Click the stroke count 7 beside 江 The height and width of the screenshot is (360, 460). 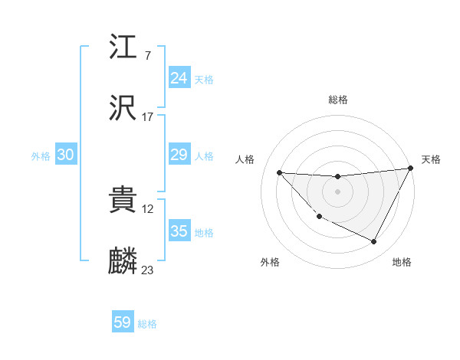pyautogui.click(x=147, y=56)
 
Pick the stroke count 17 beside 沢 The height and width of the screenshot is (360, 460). pyautogui.click(x=148, y=117)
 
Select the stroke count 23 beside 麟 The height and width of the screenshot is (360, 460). pyautogui.click(x=148, y=270)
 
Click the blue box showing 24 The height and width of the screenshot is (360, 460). pyautogui.click(x=179, y=78)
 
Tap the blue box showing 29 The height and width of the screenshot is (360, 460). pyautogui.click(x=179, y=155)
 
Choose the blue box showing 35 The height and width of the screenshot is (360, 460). pyautogui.click(x=179, y=231)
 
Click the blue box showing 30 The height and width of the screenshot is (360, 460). pyautogui.click(x=66, y=155)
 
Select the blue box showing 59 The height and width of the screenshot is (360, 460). pyautogui.click(x=123, y=322)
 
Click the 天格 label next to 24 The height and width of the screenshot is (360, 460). pyautogui.click(x=204, y=79)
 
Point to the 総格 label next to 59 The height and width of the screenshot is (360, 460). pyautogui.click(x=147, y=324)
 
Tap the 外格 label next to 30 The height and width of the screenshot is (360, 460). pyautogui.click(x=41, y=156)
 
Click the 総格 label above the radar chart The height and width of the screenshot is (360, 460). pyautogui.click(x=337, y=100)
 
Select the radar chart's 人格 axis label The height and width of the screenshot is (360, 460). pyautogui.click(x=245, y=159)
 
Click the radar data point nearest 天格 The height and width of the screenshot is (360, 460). pyautogui.click(x=410, y=169)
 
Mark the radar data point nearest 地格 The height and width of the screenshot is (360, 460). pyautogui.click(x=374, y=242)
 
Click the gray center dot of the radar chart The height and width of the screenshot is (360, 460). pyautogui.click(x=337, y=191)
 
